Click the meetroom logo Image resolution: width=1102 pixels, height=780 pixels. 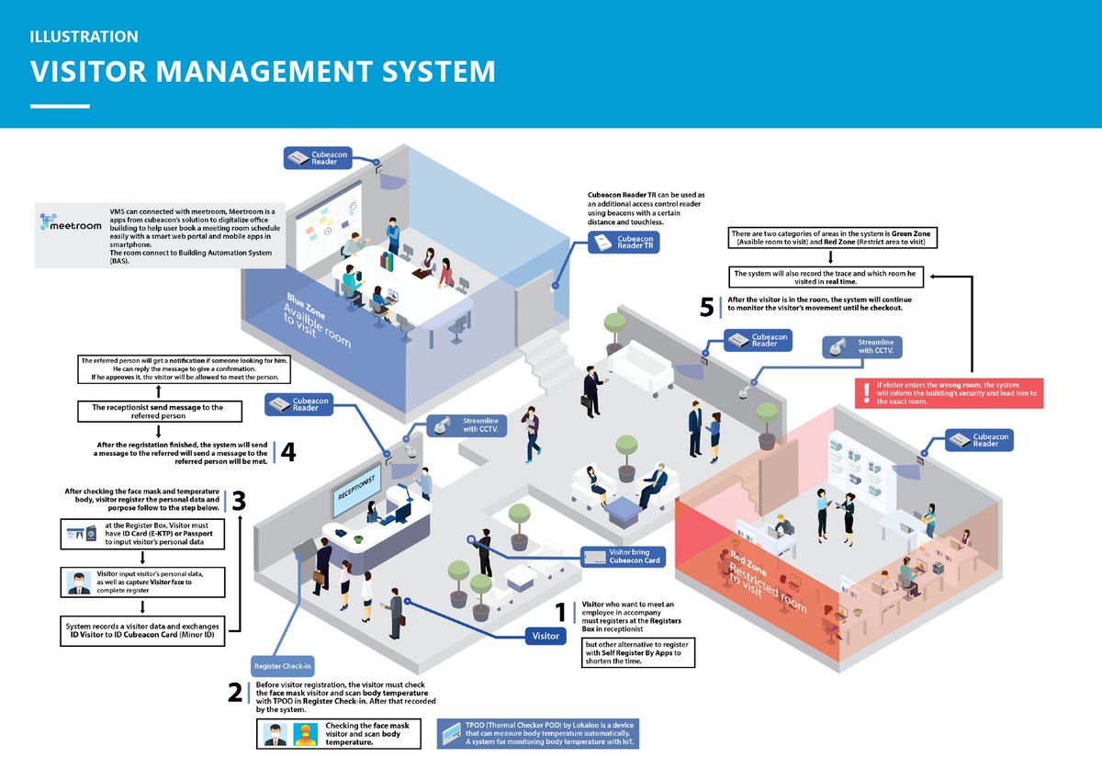pos(67,223)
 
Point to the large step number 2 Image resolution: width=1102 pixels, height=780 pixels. pos(235,693)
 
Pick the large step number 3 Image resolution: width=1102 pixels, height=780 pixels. pos(238,501)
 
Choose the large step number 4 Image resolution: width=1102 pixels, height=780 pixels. pos(287,452)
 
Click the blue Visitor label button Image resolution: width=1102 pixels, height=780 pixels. pos(545,636)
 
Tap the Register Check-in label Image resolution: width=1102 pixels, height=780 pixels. pos(283,666)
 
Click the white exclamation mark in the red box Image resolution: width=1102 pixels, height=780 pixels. pos(865,393)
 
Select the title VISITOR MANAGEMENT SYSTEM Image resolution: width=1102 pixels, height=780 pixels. pos(263,72)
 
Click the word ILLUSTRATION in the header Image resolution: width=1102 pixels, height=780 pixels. pos(84,37)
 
